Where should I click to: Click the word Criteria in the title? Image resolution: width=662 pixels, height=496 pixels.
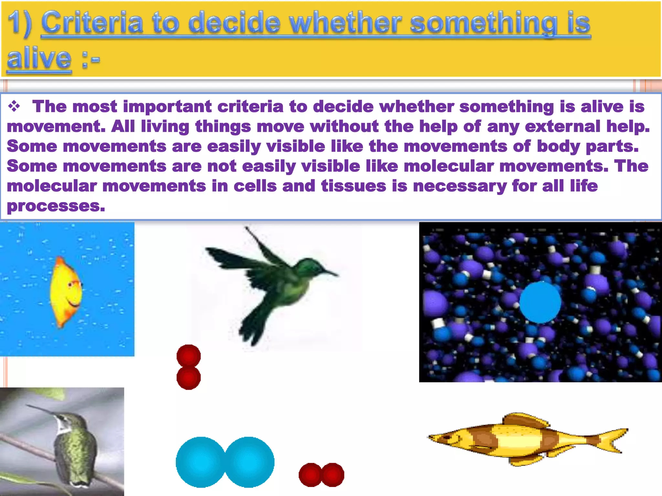[92, 23]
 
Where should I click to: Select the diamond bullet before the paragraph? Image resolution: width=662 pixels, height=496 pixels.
[14, 106]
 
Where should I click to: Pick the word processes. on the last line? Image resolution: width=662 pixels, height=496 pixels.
[56, 206]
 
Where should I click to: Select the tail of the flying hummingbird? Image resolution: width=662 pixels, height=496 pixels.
[252, 326]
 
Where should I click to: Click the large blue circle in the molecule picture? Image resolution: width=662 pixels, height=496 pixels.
[540, 302]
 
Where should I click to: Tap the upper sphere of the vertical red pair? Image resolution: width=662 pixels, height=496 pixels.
[189, 356]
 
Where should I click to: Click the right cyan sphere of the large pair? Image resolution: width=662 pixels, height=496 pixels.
[250, 462]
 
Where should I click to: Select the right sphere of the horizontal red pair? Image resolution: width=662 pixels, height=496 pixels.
[333, 475]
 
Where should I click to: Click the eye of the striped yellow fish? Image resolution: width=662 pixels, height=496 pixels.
[447, 437]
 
